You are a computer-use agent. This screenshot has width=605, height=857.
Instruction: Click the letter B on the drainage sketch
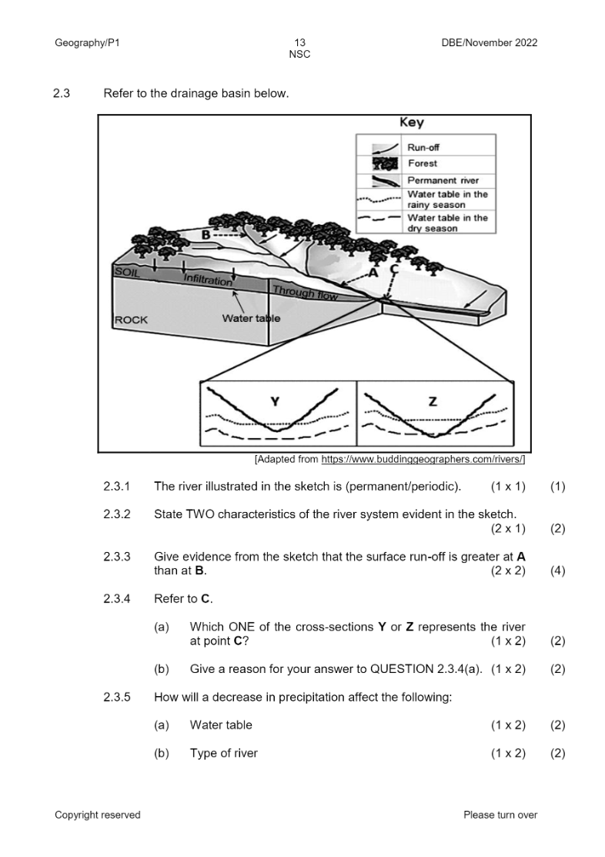point(206,234)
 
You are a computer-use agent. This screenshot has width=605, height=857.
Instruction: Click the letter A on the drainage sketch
point(374,272)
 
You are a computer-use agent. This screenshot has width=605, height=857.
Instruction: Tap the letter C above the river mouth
point(394,269)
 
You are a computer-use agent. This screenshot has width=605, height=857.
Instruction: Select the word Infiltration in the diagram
point(208,281)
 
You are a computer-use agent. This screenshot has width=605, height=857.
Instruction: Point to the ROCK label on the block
point(131,320)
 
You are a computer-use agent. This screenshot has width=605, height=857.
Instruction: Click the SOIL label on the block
point(127,272)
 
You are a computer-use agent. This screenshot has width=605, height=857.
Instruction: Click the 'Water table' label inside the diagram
point(251,318)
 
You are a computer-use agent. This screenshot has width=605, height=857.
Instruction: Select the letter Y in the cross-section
point(275,400)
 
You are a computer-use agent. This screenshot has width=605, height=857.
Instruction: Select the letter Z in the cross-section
point(433,400)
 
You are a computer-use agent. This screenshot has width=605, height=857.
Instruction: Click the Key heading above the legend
point(411,123)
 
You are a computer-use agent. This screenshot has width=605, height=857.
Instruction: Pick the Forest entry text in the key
point(423,163)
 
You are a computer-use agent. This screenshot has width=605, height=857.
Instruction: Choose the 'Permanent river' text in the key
point(443,180)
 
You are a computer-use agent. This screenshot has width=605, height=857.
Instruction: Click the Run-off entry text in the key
point(424,147)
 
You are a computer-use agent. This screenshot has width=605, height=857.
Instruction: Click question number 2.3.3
point(116,555)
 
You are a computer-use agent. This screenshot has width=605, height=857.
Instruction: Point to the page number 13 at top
point(299,43)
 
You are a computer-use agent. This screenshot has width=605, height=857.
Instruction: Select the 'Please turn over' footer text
point(500,815)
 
